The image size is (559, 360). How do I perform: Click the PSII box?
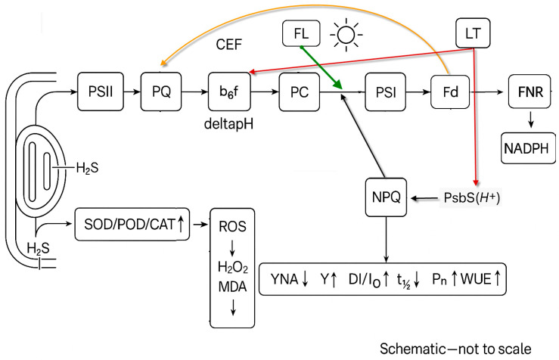click(101, 92)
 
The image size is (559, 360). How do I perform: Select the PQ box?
click(161, 92)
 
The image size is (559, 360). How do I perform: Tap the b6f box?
click(229, 92)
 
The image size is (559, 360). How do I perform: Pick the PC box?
click(300, 92)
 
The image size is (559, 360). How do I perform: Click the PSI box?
click(385, 92)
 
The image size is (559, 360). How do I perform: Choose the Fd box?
click(450, 92)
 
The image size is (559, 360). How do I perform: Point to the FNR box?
click(530, 92)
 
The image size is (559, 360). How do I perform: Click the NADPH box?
click(528, 148)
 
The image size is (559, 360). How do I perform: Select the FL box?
click(301, 33)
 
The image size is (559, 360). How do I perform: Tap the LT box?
click(473, 33)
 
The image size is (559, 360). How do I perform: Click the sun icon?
click(346, 35)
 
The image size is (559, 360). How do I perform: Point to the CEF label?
click(229, 45)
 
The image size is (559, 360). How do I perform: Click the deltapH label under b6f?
click(229, 124)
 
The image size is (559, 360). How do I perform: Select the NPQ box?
click(386, 197)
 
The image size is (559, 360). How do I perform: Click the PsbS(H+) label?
click(472, 197)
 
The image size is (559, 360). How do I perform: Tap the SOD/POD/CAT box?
click(132, 224)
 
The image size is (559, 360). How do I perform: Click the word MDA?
click(232, 287)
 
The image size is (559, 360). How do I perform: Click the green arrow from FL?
click(321, 67)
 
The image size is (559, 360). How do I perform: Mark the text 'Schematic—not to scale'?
click(455, 349)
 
